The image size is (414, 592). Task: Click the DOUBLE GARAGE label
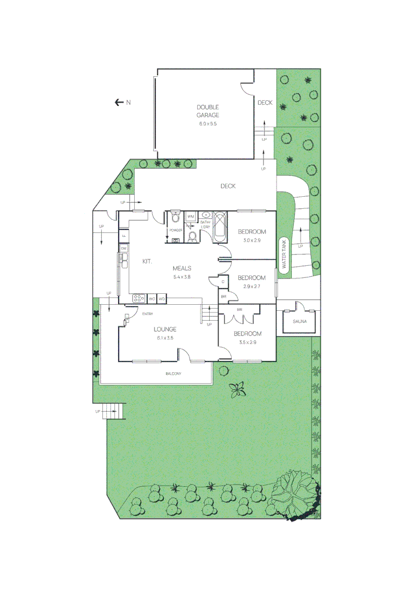pyautogui.click(x=208, y=111)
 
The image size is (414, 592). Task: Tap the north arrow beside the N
pyautogui.click(x=118, y=102)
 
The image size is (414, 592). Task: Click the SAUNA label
pyautogui.click(x=300, y=321)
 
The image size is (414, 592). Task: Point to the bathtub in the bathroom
pyautogui.click(x=220, y=227)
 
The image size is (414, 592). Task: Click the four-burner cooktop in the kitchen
pyautogui.click(x=139, y=299)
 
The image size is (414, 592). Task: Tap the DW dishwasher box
pyautogui.click(x=124, y=249)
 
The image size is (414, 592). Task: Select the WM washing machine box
pyautogui.click(x=191, y=217)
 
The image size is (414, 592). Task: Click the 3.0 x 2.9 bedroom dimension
pyautogui.click(x=252, y=240)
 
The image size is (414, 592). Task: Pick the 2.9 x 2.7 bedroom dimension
pyautogui.click(x=251, y=286)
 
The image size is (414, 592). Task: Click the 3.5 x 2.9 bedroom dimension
pyautogui.click(x=248, y=342)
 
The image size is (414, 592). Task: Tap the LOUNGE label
pyautogui.click(x=165, y=329)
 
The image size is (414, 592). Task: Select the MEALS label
pyautogui.click(x=182, y=268)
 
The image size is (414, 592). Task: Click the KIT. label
pyautogui.click(x=147, y=261)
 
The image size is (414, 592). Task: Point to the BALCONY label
pyautogui.click(x=173, y=374)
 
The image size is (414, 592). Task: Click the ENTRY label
pyautogui.click(x=147, y=314)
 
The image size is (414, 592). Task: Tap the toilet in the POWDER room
pyautogui.click(x=175, y=214)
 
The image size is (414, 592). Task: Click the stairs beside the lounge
pyautogui.click(x=209, y=314)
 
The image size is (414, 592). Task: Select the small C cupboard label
pyautogui.click(x=223, y=282)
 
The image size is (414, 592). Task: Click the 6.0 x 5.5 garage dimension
pyautogui.click(x=208, y=124)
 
